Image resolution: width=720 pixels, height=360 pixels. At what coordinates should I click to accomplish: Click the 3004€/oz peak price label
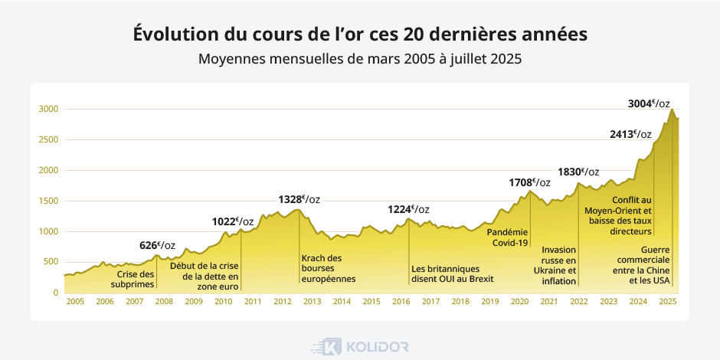649,103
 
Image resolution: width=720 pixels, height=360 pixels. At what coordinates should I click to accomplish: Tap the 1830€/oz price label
578,172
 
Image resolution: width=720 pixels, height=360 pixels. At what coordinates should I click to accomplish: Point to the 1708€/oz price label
529,182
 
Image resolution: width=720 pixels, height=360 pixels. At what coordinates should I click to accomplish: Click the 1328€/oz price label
299,199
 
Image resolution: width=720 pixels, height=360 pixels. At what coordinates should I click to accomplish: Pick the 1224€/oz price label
408,209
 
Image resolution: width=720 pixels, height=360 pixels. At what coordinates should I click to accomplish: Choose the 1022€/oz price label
233,222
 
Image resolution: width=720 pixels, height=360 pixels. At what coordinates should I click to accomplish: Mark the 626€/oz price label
157,245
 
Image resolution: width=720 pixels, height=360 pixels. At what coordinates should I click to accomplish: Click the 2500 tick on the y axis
48,139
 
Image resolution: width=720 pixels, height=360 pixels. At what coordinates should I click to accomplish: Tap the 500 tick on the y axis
51,262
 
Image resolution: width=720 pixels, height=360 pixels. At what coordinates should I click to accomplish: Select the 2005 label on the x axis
75,302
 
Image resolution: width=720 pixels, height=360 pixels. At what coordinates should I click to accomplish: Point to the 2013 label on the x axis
313,302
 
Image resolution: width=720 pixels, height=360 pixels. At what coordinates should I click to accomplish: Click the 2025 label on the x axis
667,302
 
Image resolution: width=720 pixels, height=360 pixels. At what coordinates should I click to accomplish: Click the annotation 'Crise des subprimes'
136,280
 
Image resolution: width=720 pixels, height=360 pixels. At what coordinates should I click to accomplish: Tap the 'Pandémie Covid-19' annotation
509,237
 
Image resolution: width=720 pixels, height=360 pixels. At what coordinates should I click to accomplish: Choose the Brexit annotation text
445,274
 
